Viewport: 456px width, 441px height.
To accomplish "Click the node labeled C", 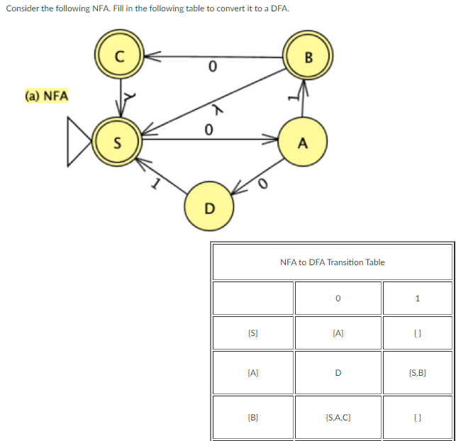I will (119, 57).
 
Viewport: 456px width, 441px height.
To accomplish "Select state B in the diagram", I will (307, 57).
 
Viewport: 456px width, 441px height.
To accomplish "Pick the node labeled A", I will (303, 143).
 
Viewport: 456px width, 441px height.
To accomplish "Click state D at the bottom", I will (208, 207).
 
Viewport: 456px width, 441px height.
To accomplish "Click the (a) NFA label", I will (46, 95).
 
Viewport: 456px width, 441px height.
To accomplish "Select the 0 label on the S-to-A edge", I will (208, 130).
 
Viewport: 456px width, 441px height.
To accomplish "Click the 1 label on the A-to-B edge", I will (289, 98).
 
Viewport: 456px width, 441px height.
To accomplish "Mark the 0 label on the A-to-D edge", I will (263, 184).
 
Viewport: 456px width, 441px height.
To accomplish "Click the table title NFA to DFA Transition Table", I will (332, 262).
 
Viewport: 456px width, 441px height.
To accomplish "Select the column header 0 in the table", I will (338, 298).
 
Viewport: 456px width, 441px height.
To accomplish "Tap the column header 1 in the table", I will (417, 298).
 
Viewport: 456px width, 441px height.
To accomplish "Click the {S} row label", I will (252, 333).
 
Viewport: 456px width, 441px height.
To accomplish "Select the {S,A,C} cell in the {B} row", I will (338, 419).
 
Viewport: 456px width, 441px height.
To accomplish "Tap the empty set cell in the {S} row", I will (417, 333).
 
